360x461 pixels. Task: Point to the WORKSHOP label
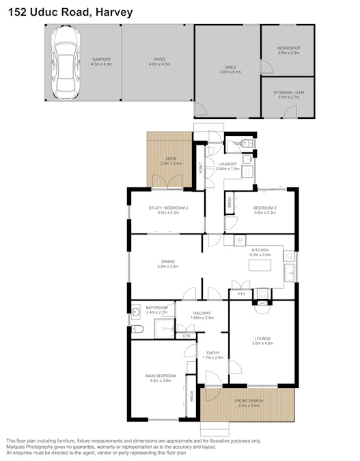pos(288,48)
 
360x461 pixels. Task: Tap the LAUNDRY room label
pos(227,165)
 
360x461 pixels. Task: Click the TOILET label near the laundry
pos(239,143)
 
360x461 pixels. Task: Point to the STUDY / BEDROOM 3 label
pos(168,208)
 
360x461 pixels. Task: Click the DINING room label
pos(167,262)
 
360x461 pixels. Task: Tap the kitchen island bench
pos(260,266)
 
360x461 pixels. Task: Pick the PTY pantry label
pos(241,295)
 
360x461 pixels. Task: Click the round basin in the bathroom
pos(137,312)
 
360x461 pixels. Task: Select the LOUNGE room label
pos(262,338)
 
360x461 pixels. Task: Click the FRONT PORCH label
pos(249,401)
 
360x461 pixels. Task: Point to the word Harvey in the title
pos(113,12)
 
